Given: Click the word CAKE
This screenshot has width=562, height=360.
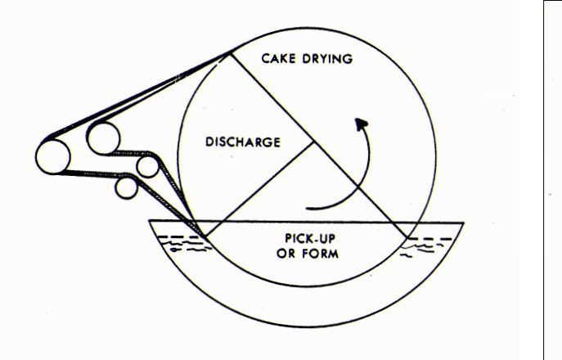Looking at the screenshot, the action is [x=279, y=58].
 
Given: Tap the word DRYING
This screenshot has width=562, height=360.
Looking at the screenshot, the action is [x=327, y=58].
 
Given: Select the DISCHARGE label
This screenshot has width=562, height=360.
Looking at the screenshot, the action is [x=243, y=142].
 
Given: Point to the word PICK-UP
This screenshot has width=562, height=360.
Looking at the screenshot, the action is [x=310, y=238].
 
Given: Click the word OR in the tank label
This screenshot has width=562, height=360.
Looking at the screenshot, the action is [x=286, y=254].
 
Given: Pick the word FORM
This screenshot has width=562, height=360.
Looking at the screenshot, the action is [x=320, y=254].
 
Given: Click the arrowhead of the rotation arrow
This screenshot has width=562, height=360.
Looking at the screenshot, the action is [x=362, y=124].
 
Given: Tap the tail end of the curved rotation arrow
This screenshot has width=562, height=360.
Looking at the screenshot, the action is [x=307, y=208].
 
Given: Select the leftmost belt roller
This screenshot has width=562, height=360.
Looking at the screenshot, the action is [x=53, y=157].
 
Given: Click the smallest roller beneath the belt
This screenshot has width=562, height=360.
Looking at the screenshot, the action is [x=126, y=188].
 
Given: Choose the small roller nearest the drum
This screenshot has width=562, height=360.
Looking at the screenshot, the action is [x=147, y=167].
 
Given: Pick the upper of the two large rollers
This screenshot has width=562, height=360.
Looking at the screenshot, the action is [x=104, y=138].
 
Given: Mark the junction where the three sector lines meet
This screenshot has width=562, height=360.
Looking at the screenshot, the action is [x=313, y=142].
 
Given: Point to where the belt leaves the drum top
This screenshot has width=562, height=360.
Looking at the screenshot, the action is [x=229, y=53].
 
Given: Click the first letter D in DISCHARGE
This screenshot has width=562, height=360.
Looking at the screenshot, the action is [x=209, y=142].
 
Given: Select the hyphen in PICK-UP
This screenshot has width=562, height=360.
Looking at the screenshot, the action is [x=317, y=238].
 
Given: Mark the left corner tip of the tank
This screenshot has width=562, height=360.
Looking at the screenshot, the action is [x=150, y=221].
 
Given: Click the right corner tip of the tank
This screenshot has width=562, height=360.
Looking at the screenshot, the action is [x=464, y=223].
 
